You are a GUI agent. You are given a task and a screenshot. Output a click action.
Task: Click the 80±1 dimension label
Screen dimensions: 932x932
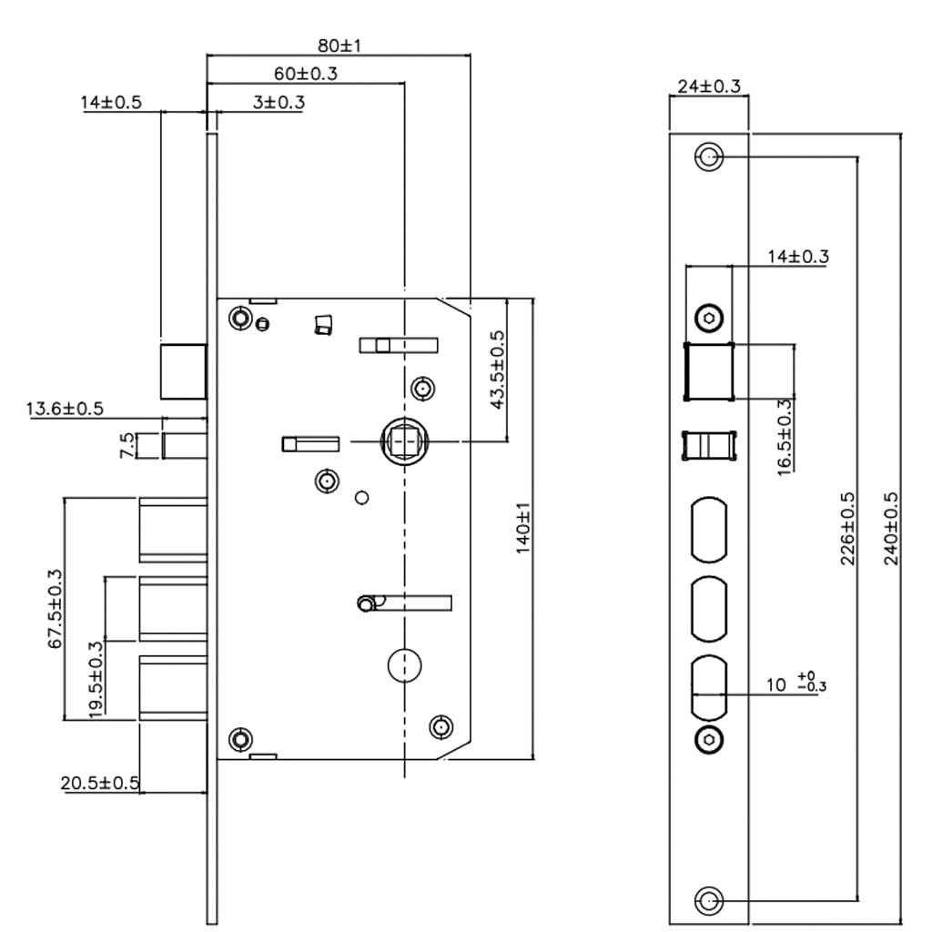point(339,45)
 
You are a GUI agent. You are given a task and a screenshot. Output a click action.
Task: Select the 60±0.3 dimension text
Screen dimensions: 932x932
point(305,73)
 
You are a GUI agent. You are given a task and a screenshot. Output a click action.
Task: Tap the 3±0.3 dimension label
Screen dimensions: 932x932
point(278,102)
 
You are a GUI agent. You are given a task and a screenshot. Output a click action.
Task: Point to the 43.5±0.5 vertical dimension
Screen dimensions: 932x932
point(498,370)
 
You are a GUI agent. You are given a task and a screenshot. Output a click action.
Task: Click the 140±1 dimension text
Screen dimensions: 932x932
point(523,531)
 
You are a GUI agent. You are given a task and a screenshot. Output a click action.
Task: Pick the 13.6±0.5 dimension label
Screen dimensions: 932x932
point(65,409)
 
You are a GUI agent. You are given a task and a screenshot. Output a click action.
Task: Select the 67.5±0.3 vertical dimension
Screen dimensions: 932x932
point(56,608)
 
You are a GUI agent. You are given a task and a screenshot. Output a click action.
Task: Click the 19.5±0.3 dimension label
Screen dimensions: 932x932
point(95,679)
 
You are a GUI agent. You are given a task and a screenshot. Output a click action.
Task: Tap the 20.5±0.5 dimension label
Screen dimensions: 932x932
point(100,783)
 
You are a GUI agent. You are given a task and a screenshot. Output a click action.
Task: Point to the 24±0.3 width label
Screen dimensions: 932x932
point(709,86)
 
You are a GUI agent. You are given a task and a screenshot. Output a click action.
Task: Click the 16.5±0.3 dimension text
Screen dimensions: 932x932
point(785,433)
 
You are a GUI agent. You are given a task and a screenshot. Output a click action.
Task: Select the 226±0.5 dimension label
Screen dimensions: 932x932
point(847,529)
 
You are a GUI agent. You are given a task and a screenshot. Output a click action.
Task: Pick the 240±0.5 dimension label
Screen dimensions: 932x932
point(891,529)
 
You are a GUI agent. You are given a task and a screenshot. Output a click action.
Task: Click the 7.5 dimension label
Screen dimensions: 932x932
point(128,446)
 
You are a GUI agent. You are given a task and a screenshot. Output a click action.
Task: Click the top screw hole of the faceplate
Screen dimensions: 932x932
point(708,157)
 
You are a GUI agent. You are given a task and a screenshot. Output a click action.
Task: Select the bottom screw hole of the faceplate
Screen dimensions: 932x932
point(708,901)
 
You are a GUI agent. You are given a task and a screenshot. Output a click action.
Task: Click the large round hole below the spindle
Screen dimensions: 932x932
point(403,665)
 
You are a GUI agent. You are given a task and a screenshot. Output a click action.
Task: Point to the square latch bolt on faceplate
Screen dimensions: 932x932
point(709,371)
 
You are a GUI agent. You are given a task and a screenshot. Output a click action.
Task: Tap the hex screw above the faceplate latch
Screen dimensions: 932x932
point(709,318)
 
